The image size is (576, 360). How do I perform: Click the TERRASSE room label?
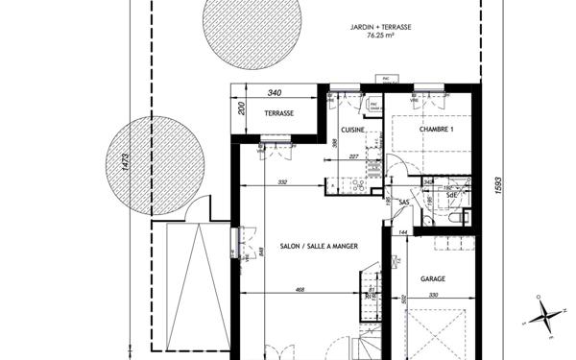point(277,112)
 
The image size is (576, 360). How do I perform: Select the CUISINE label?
point(352,130)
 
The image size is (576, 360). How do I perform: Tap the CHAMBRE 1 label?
point(436,128)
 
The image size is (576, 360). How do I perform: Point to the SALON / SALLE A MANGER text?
point(319,247)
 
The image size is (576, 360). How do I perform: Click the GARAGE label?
point(433,278)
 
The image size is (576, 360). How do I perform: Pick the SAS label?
point(404,203)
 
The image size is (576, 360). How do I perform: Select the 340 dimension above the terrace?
point(274,93)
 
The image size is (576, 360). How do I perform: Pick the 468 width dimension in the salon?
point(300,288)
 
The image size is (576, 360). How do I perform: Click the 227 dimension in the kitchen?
point(354,156)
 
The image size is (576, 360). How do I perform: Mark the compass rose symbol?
point(542,317)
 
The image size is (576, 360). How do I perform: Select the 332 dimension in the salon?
point(282,181)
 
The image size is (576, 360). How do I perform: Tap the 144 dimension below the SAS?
point(403,233)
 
